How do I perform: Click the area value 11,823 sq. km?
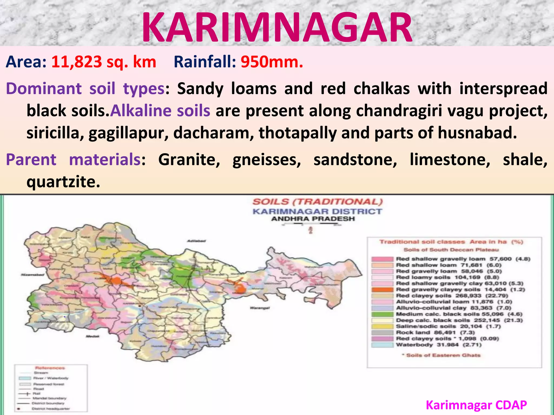click(104, 62)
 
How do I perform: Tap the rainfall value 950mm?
click(272, 62)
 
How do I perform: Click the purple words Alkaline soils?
click(160, 111)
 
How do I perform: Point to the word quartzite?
click(63, 182)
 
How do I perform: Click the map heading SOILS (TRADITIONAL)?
click(318, 202)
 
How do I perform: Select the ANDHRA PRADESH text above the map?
click(313, 219)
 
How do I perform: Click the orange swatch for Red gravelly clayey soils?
click(382, 290)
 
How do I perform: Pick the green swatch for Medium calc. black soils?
click(382, 314)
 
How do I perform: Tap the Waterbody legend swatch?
click(382, 345)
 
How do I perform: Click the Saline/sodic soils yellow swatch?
click(382, 326)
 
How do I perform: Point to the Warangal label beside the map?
click(259, 308)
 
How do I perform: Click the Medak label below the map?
click(93, 336)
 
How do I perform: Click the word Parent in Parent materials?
click(31, 159)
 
